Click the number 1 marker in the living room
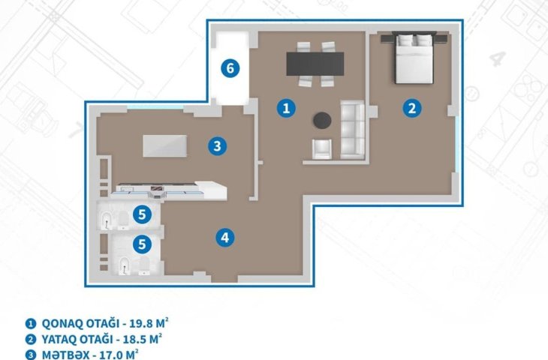(x=286, y=108)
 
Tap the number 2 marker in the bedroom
(x=412, y=108)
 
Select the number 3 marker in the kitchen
(x=218, y=146)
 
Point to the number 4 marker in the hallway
(x=224, y=238)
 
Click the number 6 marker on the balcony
(x=230, y=68)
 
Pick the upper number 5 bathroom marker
(x=142, y=214)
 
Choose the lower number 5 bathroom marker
(x=142, y=244)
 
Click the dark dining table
(x=315, y=64)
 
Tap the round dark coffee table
(x=322, y=121)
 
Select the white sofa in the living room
(x=352, y=129)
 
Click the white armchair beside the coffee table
(x=322, y=149)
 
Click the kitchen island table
(x=165, y=146)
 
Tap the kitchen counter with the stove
(x=171, y=190)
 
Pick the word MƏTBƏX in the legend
(x=66, y=355)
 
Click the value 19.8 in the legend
(x=141, y=323)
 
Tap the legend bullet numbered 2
(x=31, y=340)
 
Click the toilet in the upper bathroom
(x=122, y=220)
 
